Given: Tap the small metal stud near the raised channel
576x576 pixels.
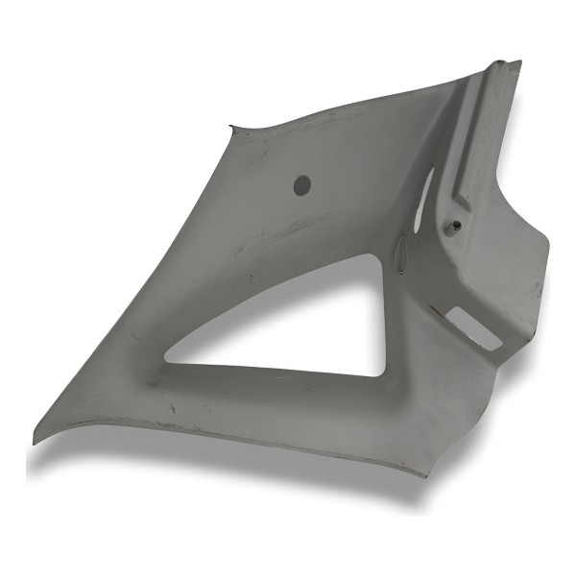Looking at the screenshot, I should (456, 226).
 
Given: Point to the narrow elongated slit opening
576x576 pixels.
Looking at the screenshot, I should (426, 188).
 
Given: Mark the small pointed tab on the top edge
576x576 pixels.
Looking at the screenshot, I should (230, 127).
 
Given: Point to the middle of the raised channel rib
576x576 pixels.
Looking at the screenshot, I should (480, 134).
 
